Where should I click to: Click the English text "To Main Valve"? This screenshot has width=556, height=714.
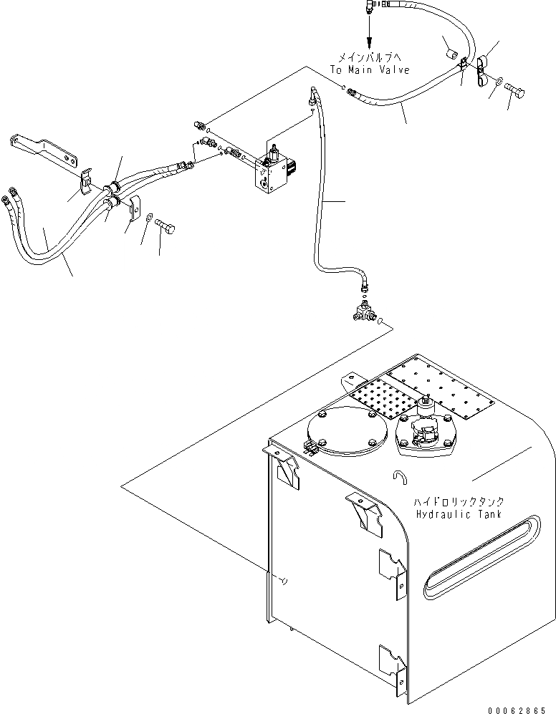(370, 70)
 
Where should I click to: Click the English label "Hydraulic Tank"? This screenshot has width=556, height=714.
(460, 514)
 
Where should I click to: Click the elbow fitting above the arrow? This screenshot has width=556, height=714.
(367, 8)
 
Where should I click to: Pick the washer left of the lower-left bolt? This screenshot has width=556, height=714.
(148, 218)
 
